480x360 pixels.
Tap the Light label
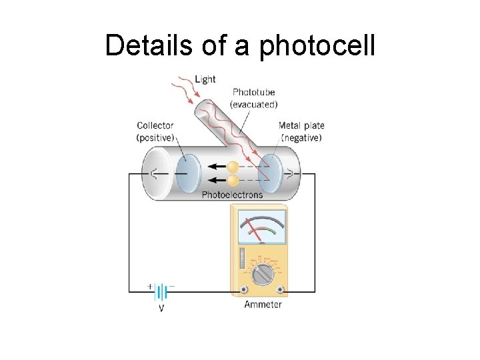tap(205, 79)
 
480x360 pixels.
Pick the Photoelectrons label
tap(232, 195)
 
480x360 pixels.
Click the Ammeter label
tap(263, 305)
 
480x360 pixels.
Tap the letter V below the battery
tap(161, 307)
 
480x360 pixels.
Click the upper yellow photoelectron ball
tap(233, 167)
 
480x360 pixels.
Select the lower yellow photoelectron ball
tap(233, 180)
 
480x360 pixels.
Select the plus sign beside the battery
tap(150, 285)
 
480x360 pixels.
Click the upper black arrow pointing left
tap(217, 167)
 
